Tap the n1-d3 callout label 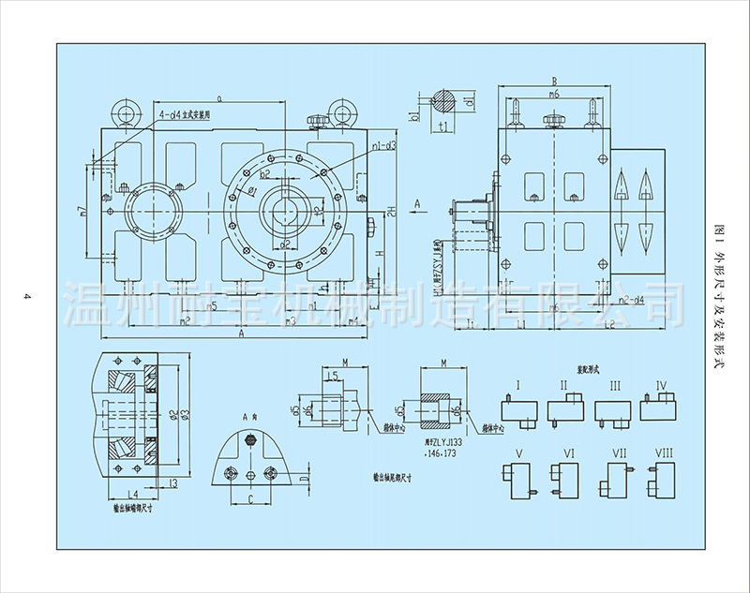click(x=382, y=146)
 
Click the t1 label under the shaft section click(x=445, y=125)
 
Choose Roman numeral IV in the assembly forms click(x=661, y=385)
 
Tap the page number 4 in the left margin click(x=29, y=298)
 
